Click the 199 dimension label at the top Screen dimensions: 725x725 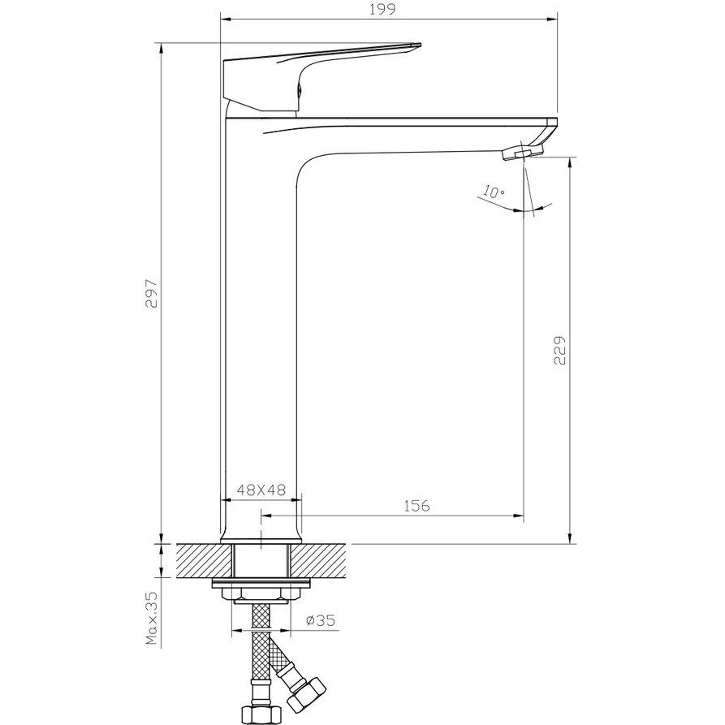382,9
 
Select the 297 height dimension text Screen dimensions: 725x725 153,293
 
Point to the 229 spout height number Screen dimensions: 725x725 559,350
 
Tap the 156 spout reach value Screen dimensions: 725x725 416,506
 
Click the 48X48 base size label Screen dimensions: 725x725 261,490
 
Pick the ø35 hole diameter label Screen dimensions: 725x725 321,620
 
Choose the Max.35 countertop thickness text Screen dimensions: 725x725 152,618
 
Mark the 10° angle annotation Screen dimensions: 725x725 494,192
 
